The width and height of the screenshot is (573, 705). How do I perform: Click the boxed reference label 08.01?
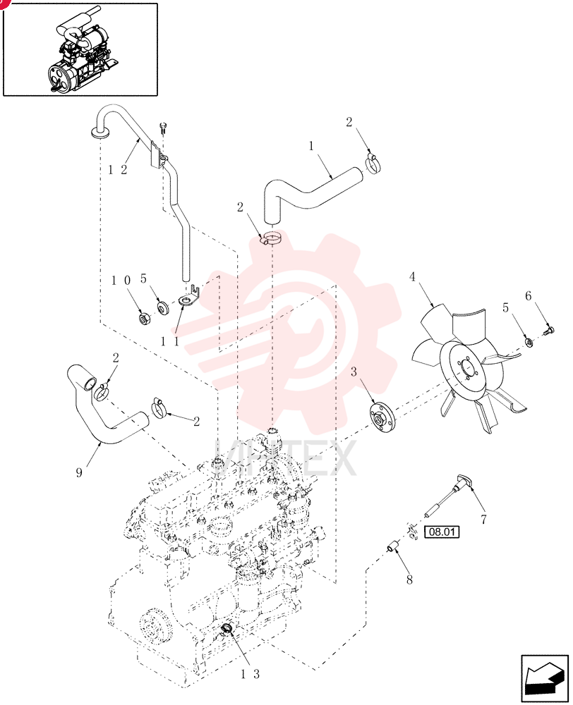442,532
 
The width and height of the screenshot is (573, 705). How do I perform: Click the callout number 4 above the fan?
412,277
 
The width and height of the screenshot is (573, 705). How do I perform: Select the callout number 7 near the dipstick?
483,520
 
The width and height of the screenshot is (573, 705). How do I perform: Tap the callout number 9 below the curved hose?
79,472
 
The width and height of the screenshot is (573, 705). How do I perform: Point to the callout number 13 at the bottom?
250,673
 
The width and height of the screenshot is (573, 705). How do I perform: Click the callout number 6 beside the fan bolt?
529,296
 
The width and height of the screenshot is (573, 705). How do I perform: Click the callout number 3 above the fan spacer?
354,372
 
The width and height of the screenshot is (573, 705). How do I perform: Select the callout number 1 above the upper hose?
311,146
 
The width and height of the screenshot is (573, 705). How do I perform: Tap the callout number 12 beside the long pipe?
118,169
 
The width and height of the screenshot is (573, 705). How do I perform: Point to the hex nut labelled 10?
144,319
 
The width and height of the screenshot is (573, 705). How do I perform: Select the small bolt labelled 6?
549,331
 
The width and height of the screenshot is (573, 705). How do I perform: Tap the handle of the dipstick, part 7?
464,481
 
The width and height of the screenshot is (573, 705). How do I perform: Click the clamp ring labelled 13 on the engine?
227,628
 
